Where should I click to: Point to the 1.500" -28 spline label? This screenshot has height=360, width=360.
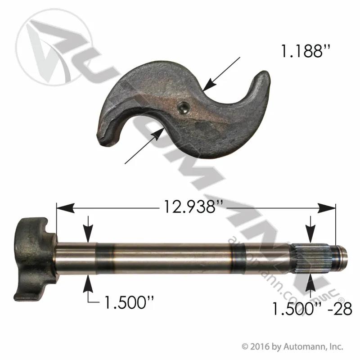tap(312, 309)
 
